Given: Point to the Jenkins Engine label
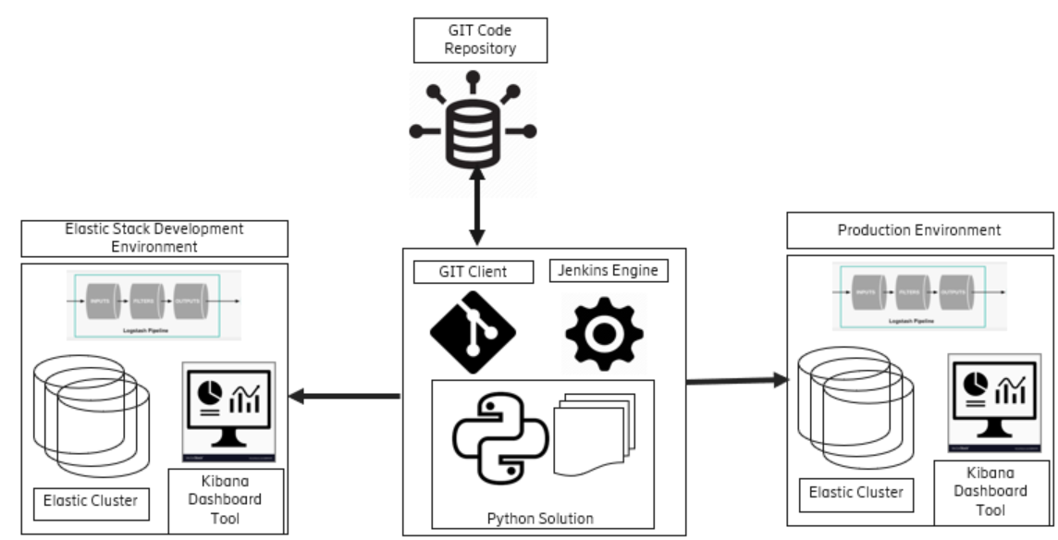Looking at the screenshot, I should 609,270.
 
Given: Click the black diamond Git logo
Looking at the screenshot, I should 474,334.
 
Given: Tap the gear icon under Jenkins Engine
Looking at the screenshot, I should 604,333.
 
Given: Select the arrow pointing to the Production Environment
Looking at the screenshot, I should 735,380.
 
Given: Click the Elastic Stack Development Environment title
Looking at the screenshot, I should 154,238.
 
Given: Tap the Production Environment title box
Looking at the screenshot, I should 918,230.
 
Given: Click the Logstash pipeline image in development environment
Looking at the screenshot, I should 154,304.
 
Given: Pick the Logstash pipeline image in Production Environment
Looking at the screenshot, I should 918,295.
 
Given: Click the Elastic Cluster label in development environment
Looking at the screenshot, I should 91,501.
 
